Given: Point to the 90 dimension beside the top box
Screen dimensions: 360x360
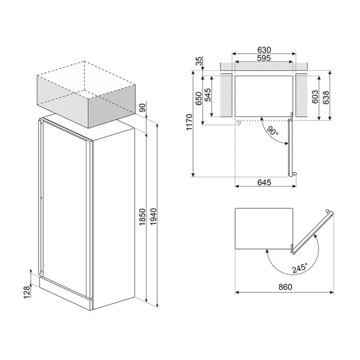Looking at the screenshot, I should [143, 108].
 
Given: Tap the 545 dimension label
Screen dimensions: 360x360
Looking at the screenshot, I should [208, 95].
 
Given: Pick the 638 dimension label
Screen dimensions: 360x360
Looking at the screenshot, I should [327, 98].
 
